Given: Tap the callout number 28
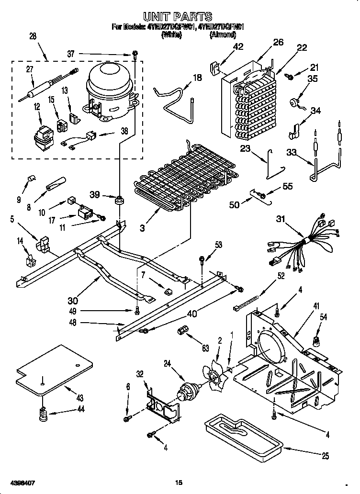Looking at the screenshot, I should (x=33, y=37).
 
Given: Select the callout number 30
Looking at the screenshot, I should (x=73, y=300).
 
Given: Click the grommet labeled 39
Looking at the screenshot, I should (x=117, y=199).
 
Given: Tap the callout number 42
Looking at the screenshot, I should (x=238, y=46).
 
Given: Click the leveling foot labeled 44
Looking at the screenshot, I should (x=44, y=414).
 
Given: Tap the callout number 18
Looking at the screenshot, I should (x=197, y=77).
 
